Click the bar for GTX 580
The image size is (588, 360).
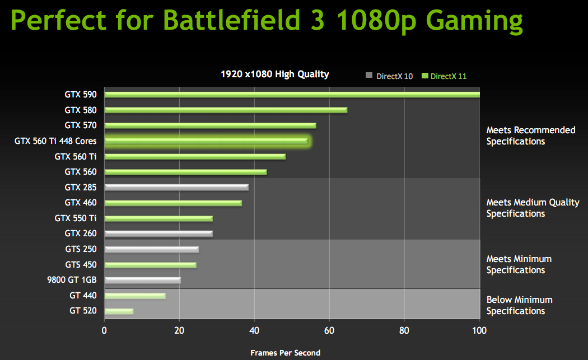pos(226,110)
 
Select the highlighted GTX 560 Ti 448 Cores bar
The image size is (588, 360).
pos(206,141)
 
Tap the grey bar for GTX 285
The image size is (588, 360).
pos(176,187)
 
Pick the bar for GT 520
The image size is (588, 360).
pos(119,311)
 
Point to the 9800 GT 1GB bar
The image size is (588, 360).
pos(142,280)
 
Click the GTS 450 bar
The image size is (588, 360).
pos(150,265)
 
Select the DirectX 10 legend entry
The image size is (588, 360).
pos(389,76)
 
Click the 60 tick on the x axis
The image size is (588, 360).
pos(329,330)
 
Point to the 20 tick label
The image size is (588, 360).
pos(179,330)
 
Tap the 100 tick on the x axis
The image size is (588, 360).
pos(479,330)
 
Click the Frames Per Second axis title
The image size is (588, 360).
pos(286,353)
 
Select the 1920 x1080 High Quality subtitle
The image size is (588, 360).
pos(275,74)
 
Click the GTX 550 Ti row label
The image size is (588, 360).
pos(76,218)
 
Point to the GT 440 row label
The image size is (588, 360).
pos(83,295)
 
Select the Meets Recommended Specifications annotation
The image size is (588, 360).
pos(530,135)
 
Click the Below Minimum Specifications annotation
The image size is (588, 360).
pos(519,305)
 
